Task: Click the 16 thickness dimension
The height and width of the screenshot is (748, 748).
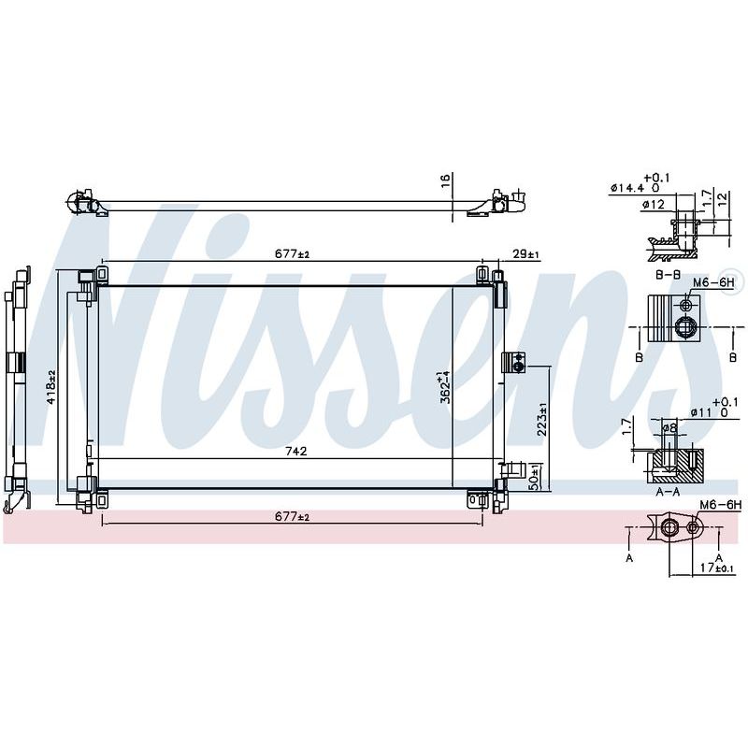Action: [446, 180]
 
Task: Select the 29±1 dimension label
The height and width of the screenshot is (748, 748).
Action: [525, 254]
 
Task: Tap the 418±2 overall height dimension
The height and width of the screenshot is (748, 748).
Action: [51, 386]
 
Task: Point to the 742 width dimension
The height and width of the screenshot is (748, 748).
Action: [296, 451]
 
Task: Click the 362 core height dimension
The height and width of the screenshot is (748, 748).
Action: [444, 386]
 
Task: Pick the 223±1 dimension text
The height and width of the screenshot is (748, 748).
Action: [542, 419]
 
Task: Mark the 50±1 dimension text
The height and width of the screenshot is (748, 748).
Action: [535, 477]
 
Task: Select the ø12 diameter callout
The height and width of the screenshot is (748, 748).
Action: [653, 205]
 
